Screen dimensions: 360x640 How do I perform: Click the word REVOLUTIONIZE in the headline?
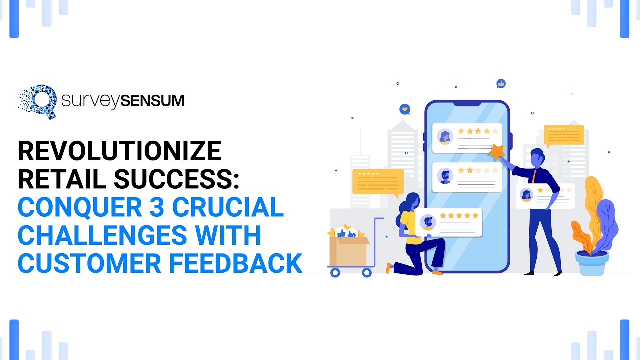[x=119, y=151]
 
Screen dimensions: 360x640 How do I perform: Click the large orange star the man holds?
[x=496, y=151]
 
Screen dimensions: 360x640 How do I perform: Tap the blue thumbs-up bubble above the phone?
[x=501, y=83]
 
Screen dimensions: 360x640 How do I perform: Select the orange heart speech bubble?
[x=405, y=109]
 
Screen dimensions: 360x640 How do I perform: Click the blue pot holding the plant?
[x=592, y=262]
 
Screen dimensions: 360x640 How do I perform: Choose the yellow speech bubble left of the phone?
[x=377, y=181]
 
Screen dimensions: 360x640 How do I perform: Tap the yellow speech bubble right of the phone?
[x=563, y=134]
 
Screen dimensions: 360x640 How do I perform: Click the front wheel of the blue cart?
[x=367, y=273]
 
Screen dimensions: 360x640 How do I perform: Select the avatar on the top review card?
[x=445, y=137]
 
